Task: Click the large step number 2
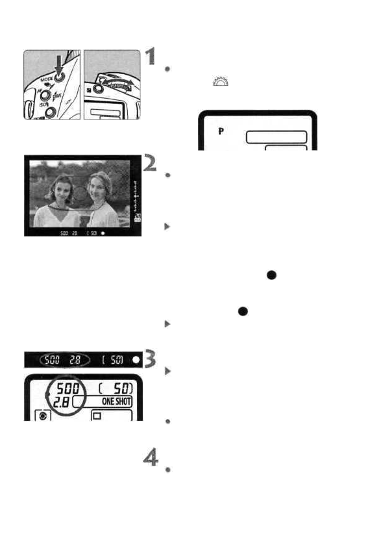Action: click(x=150, y=164)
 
